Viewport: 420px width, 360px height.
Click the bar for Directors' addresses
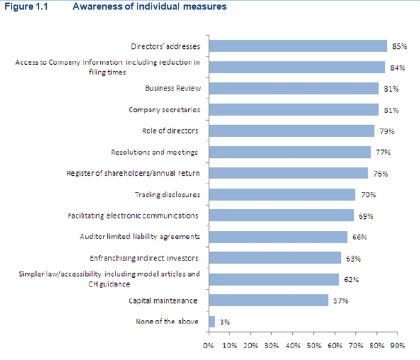[x=298, y=46]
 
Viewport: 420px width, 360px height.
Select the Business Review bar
[x=293, y=89]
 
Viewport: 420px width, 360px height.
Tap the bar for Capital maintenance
[x=268, y=300]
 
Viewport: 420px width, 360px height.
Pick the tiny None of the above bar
[x=211, y=321]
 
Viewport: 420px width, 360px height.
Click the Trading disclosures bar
[x=282, y=194]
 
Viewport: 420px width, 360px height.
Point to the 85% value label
[x=399, y=46]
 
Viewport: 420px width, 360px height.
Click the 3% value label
[x=225, y=322]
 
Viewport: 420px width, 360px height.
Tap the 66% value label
[x=359, y=237]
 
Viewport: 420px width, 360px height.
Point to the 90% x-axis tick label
[x=397, y=346]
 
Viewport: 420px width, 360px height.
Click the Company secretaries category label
[x=164, y=110]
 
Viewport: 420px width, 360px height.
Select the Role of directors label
[x=170, y=131]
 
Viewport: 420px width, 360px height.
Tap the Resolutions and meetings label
[x=154, y=152]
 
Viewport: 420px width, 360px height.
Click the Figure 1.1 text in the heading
[x=23, y=7]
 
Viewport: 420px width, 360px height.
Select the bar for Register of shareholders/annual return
[x=288, y=173]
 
